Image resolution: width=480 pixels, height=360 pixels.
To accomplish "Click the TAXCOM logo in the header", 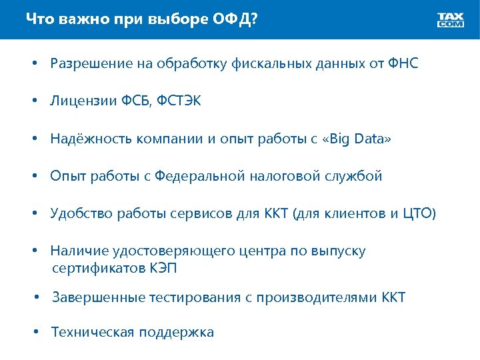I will [451, 19].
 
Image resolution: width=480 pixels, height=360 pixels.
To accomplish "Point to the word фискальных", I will [267, 64].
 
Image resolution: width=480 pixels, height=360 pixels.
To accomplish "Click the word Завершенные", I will [93, 297].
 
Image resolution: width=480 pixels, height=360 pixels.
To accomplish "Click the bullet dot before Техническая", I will [39, 331].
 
